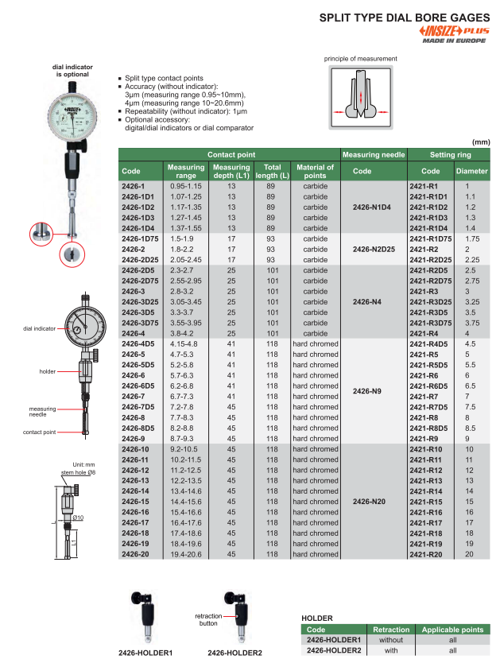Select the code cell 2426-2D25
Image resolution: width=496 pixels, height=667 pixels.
coord(138,259)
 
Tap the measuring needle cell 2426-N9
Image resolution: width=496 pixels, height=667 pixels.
coord(373,390)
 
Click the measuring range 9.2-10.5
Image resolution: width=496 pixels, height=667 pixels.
coord(185,449)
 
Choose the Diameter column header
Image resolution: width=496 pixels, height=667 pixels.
coord(471,171)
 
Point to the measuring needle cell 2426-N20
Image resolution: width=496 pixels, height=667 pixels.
coord(373,502)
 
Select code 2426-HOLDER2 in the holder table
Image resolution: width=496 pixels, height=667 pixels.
coord(334,650)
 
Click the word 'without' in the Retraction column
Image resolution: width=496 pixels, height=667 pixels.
coord(391,639)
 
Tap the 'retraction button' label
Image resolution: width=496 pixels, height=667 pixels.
coord(210,620)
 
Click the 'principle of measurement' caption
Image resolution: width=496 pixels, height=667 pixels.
coord(360,59)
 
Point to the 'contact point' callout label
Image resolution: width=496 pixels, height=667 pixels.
coord(40,432)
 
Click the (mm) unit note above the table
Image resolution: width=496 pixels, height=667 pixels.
coord(481,140)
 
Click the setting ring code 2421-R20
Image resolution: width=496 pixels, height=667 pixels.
coord(424,554)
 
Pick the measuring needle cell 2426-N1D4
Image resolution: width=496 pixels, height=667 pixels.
coord(373,207)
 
